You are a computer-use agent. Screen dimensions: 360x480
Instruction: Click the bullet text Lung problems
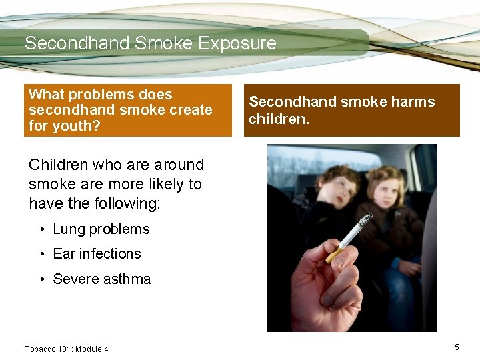click(101, 229)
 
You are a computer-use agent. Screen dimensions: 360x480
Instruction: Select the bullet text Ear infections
click(97, 254)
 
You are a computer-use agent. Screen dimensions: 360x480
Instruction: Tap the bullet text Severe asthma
click(101, 279)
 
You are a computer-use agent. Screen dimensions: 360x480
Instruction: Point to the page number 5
click(457, 347)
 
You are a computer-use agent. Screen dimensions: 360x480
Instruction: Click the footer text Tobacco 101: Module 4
click(66, 349)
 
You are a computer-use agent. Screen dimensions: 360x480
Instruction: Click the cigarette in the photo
click(349, 237)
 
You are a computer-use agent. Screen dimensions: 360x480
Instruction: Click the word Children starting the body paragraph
click(59, 165)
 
